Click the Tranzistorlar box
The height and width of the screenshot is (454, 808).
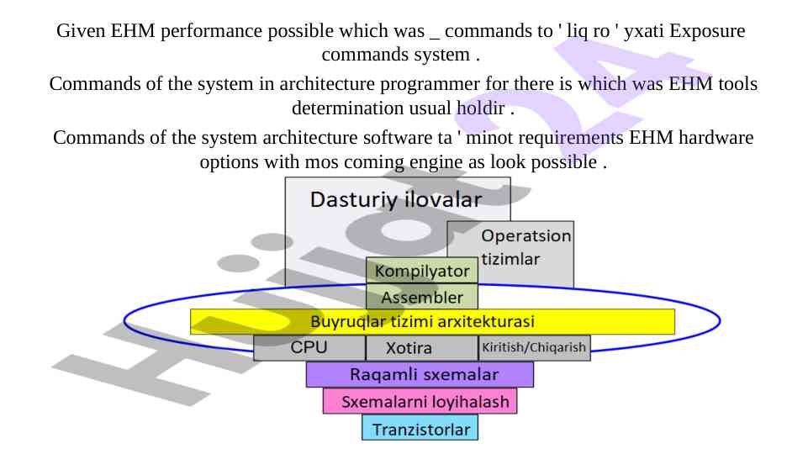coord(420,429)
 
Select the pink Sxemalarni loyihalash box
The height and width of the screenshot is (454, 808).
coord(420,401)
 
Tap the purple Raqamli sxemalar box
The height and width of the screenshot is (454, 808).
coord(420,374)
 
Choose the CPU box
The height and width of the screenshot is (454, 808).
coord(309,347)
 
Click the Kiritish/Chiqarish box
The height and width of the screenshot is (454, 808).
coord(534,347)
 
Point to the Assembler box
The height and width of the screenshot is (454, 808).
coord(422,297)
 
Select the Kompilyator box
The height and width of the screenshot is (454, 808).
coord(422,271)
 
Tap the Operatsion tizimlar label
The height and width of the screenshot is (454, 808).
coord(525,247)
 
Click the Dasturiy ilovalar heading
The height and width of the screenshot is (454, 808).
coord(396,200)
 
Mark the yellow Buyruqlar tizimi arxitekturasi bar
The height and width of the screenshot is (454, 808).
coord(432,321)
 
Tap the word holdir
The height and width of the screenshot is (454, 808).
coord(479,108)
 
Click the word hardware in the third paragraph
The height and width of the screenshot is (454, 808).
coord(715,138)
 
